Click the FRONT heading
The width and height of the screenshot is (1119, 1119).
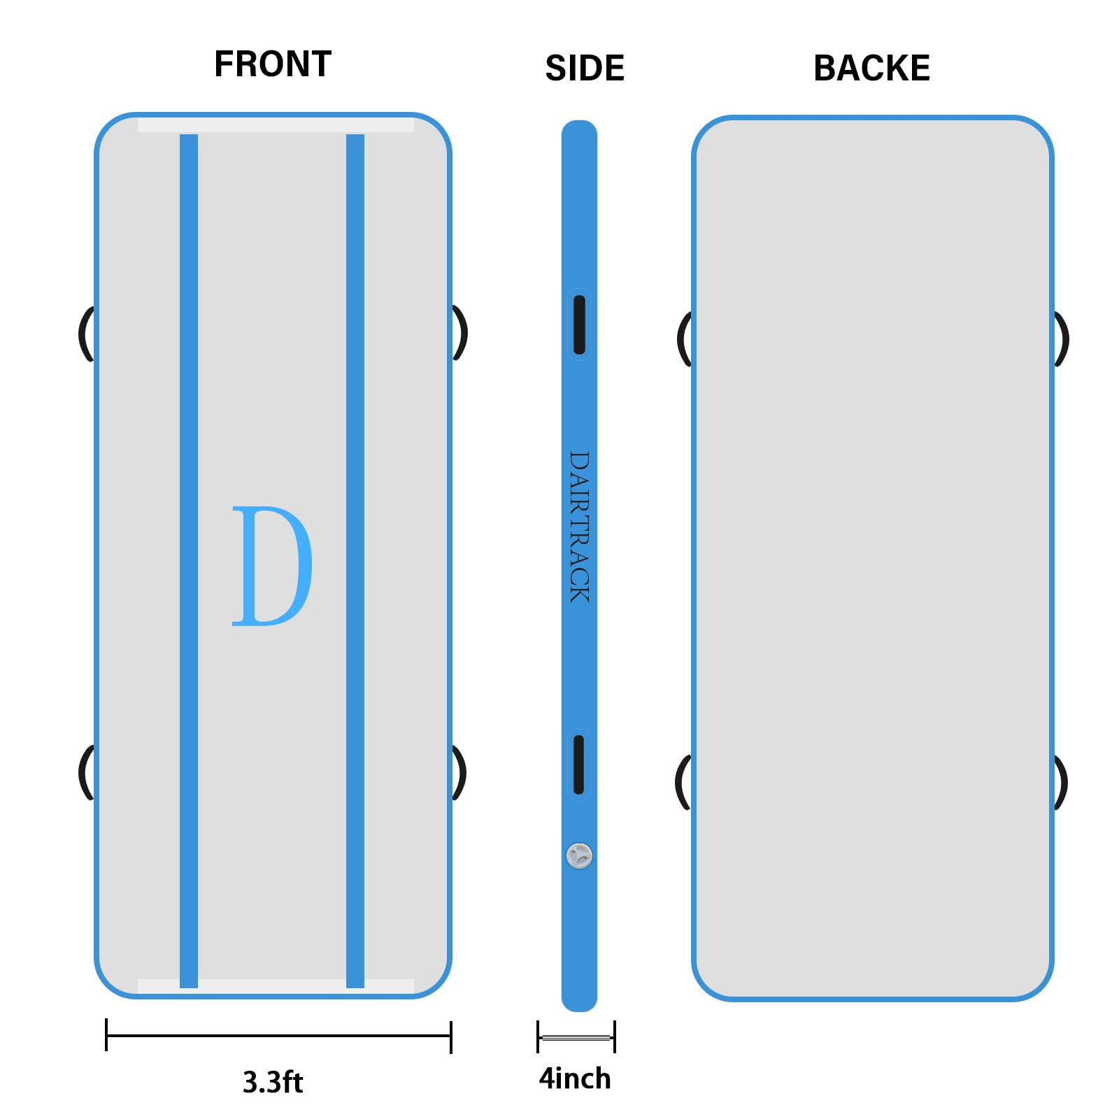pyautogui.click(x=272, y=64)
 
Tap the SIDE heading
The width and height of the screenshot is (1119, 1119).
pyautogui.click(x=584, y=69)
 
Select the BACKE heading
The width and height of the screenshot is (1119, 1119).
pyautogui.click(x=871, y=69)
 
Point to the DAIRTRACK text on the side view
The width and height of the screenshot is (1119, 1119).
pyautogui.click(x=579, y=527)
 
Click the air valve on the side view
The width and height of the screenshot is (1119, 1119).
pyautogui.click(x=579, y=855)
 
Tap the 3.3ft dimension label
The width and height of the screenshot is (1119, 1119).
pyautogui.click(x=273, y=1082)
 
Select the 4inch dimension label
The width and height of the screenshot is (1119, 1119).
pyautogui.click(x=575, y=1078)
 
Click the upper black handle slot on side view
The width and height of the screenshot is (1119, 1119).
pyautogui.click(x=579, y=325)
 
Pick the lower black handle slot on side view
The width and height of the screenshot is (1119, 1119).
pyautogui.click(x=579, y=764)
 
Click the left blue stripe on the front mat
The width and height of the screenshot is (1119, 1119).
pyautogui.click(x=189, y=559)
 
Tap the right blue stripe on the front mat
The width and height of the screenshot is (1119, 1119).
pyautogui.click(x=355, y=559)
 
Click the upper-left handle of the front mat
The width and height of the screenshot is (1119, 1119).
pyautogui.click(x=85, y=334)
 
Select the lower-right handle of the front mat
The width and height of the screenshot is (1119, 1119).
pyautogui.click(x=459, y=772)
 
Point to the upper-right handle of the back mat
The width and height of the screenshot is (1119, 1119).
pyautogui.click(x=1062, y=339)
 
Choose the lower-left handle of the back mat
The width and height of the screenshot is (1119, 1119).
pyautogui.click(x=683, y=782)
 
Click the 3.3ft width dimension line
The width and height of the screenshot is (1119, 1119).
pyautogui.click(x=278, y=1036)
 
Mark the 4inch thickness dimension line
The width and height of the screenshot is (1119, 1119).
pyautogui.click(x=576, y=1036)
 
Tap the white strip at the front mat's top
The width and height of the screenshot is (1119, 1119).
pyautogui.click(x=276, y=125)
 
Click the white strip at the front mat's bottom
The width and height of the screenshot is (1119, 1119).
pyautogui.click(x=276, y=986)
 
